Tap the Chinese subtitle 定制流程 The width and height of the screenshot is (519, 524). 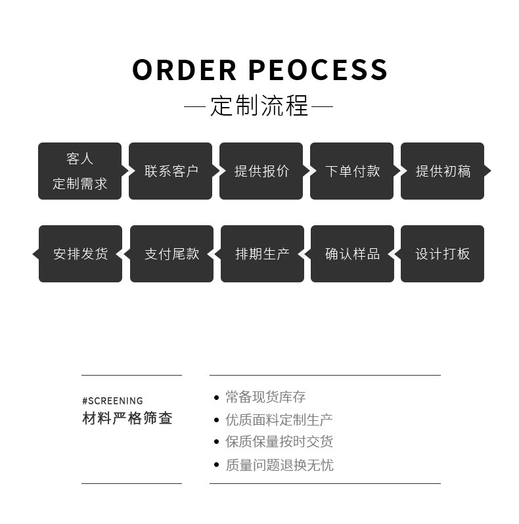point(259,106)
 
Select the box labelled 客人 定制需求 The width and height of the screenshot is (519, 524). point(79,171)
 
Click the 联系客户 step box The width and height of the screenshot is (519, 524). point(171,171)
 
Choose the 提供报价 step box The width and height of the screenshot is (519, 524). point(261,171)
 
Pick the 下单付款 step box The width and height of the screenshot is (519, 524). point(352,171)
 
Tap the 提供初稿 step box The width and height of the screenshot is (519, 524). point(443,171)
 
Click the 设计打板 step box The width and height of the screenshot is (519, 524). point(443,253)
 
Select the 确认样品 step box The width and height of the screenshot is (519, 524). point(352,253)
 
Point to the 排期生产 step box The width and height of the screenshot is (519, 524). point(262,253)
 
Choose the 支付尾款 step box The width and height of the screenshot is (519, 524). point(171,253)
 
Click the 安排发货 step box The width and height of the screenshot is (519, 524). point(80,253)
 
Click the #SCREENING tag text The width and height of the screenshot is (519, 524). point(112,401)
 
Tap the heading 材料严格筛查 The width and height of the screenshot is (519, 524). point(127,418)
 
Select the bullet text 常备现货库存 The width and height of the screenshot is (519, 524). point(265,397)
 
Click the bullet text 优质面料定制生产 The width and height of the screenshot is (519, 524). point(279,420)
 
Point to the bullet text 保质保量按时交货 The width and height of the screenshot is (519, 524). point(279,442)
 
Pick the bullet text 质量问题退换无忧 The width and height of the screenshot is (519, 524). point(279,465)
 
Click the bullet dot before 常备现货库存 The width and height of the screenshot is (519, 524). point(216,397)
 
